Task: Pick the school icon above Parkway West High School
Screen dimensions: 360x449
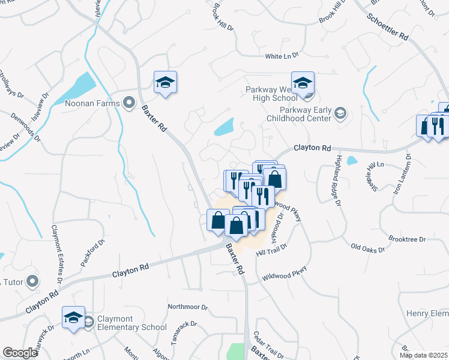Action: pyautogui.click(x=303, y=83)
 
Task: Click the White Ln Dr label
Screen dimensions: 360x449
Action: pyautogui.click(x=282, y=56)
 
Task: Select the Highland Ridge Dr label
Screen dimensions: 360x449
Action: pyautogui.click(x=337, y=180)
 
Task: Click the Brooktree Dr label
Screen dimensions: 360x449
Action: pyautogui.click(x=406, y=239)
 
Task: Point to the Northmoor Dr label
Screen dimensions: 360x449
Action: pyautogui.click(x=187, y=307)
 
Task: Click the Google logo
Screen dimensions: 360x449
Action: pyautogui.click(x=20, y=353)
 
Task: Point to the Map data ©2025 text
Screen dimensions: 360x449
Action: pyautogui.click(x=423, y=355)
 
